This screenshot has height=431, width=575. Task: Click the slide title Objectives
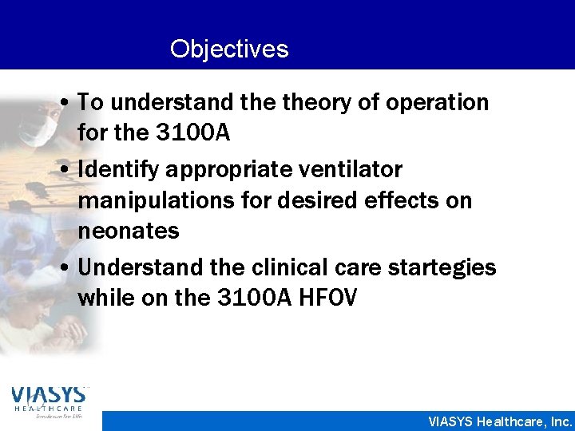coord(229,49)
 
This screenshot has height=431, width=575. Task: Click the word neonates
coord(129,231)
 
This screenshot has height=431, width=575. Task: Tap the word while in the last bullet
coord(104,298)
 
